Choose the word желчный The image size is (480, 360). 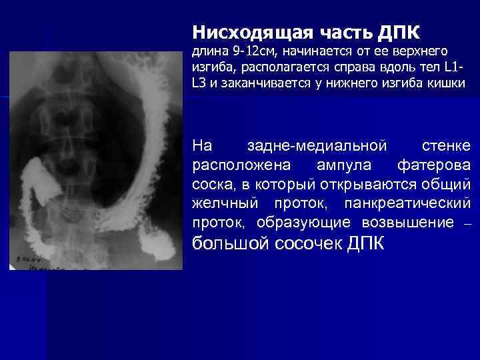coord(225,202)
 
